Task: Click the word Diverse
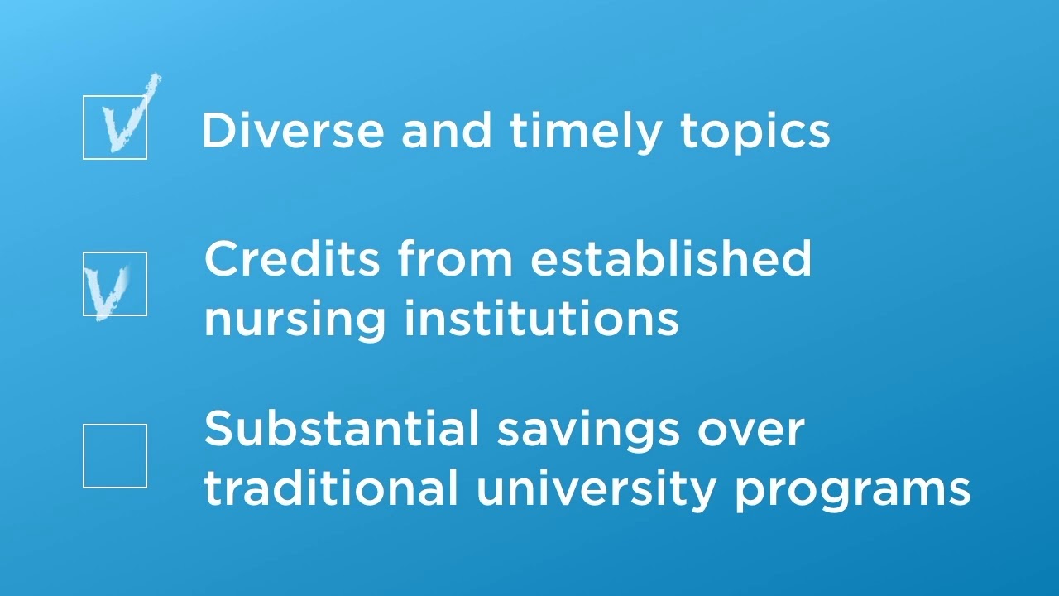click(292, 131)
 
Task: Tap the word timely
click(586, 131)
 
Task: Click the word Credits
click(292, 258)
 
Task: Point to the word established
click(671, 258)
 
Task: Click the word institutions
click(541, 318)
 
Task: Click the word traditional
click(331, 488)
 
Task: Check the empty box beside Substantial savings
click(115, 456)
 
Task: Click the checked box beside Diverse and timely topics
click(115, 127)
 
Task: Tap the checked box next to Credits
click(115, 284)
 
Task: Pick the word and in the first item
click(447, 131)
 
